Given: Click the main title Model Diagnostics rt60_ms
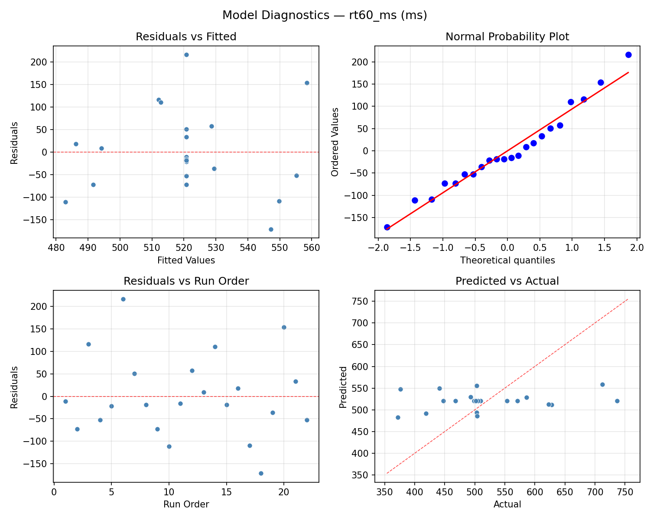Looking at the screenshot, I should pyautogui.click(x=325, y=16).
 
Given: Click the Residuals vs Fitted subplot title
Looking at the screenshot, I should pyautogui.click(x=186, y=37).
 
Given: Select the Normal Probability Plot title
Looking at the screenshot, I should pyautogui.click(x=507, y=37).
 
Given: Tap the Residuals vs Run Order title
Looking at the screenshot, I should pyautogui.click(x=186, y=281).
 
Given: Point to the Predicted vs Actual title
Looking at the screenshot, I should pyautogui.click(x=507, y=281).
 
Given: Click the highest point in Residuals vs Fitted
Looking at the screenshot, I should pyautogui.click(x=186, y=55).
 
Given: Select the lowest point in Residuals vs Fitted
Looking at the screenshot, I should pyautogui.click(x=271, y=229).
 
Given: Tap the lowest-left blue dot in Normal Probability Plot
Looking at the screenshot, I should pyautogui.click(x=387, y=227).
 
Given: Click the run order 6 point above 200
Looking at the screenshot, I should pyautogui.click(x=123, y=299).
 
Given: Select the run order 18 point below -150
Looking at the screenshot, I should pyautogui.click(x=261, y=473).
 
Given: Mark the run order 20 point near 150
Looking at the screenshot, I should pyautogui.click(x=284, y=327).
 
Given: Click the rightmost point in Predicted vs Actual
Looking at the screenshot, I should pyautogui.click(x=617, y=401).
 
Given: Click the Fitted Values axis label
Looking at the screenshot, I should pyautogui.click(x=186, y=260).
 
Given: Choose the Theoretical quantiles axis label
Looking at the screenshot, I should pyautogui.click(x=507, y=260).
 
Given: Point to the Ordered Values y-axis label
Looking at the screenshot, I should pyautogui.click(x=335, y=142).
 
